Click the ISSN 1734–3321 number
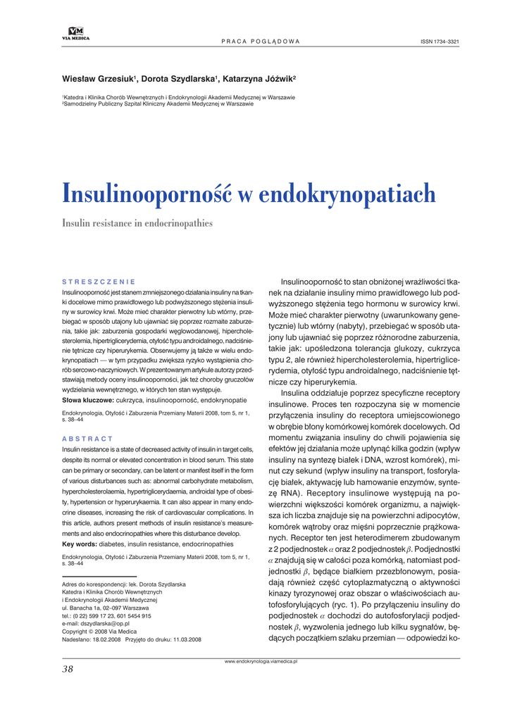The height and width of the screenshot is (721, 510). tap(440, 42)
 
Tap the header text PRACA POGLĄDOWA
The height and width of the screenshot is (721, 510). tap(261, 42)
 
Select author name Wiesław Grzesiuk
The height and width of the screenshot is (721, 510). tap(98, 78)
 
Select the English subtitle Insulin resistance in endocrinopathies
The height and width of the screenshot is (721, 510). tap(137, 223)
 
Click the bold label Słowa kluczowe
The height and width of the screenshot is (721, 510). tap(87, 399)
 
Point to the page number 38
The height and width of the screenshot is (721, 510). tap(68, 669)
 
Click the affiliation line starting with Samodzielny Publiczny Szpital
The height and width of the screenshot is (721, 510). tap(158, 103)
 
